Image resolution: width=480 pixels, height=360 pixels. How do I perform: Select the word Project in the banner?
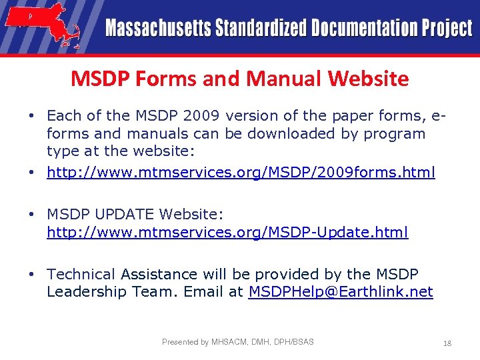pos(446,29)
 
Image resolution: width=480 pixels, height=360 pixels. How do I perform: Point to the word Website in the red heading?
pos(368,79)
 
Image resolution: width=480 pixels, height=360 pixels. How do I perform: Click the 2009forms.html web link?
pos(241,173)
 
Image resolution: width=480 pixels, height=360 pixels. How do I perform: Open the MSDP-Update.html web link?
pos(227,233)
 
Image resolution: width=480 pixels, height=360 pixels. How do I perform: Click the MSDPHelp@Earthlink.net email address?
pos(341,291)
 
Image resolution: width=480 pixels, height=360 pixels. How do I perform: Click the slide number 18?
pos(447,343)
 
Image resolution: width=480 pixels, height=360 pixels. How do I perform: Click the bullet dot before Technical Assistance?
pos(31,274)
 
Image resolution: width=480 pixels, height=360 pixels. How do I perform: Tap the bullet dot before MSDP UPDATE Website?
pos(31,215)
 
